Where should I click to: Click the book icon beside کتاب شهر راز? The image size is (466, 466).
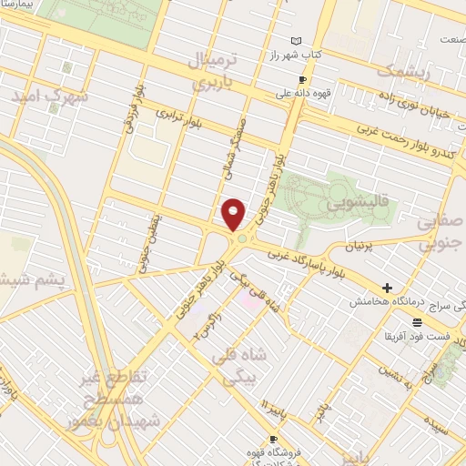pyautogui.click(x=295, y=40)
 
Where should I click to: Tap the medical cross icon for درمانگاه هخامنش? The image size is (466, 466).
pyautogui.click(x=388, y=289)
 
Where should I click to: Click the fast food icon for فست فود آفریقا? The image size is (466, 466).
pyautogui.click(x=417, y=323)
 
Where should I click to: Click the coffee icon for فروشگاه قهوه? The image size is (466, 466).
pyautogui.click(x=248, y=451)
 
